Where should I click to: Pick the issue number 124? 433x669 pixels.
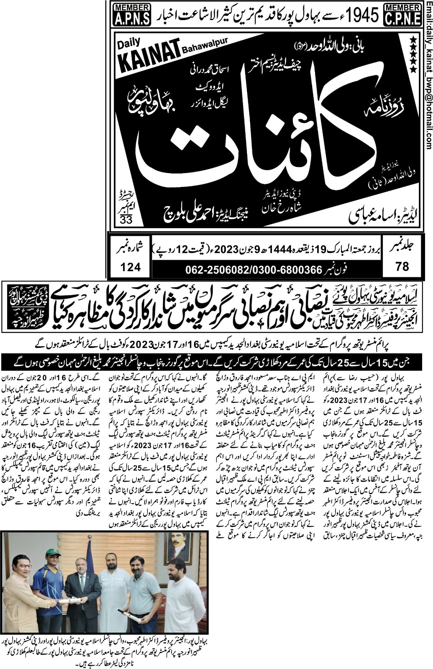[130, 266]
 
